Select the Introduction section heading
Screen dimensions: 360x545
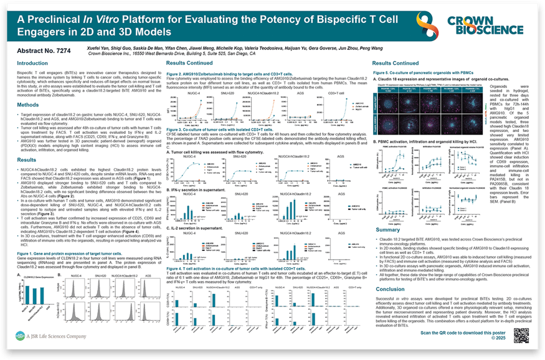pos(32,64)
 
